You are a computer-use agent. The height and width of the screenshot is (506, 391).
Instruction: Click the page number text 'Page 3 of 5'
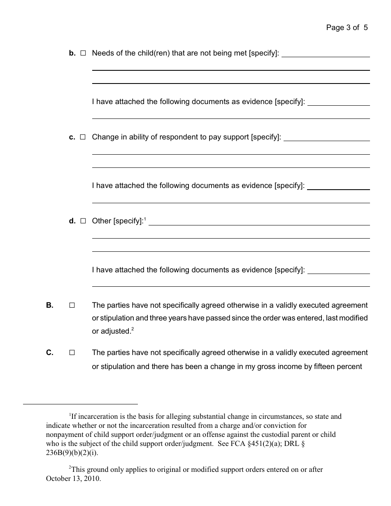347,28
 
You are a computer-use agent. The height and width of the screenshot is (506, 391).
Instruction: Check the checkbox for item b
83,53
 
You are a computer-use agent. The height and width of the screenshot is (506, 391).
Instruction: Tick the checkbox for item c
83,137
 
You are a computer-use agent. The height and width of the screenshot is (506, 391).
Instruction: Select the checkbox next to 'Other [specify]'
83,221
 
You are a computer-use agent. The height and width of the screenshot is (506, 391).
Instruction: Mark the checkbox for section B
72,305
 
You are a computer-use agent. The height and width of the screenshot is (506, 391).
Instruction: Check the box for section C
72,353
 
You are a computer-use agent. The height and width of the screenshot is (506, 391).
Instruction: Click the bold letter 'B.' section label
50,305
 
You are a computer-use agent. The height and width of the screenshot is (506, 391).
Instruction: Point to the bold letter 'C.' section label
50,353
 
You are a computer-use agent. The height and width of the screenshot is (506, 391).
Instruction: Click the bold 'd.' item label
72,221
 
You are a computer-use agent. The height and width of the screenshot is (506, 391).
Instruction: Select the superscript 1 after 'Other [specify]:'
145,219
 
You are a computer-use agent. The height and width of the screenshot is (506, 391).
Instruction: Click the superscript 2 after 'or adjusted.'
132,329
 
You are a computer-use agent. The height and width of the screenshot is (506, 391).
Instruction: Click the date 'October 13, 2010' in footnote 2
73,478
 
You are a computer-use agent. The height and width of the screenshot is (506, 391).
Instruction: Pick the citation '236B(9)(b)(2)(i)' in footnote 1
72,453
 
